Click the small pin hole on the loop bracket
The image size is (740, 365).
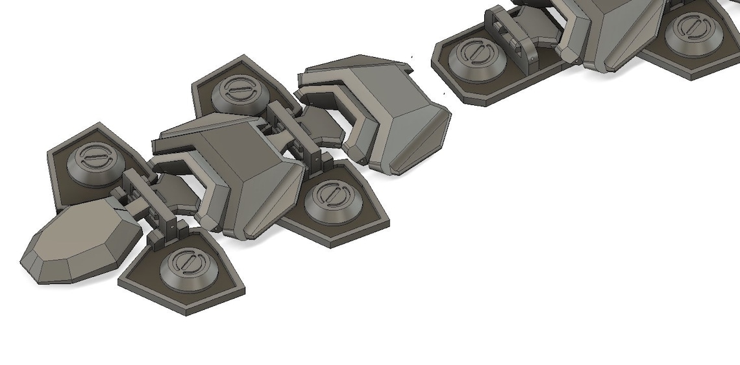click(x=532, y=58)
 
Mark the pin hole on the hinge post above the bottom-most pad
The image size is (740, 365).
click(x=170, y=228)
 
